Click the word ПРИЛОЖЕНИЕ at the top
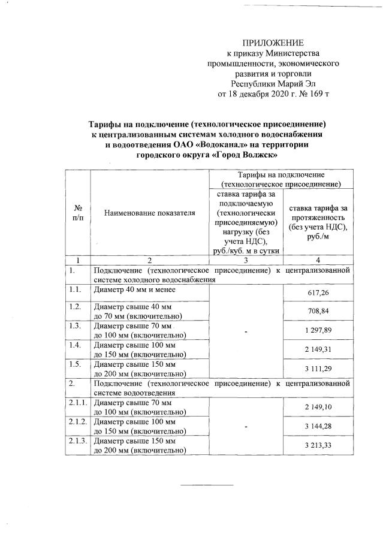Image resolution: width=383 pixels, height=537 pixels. (x=273, y=43)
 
